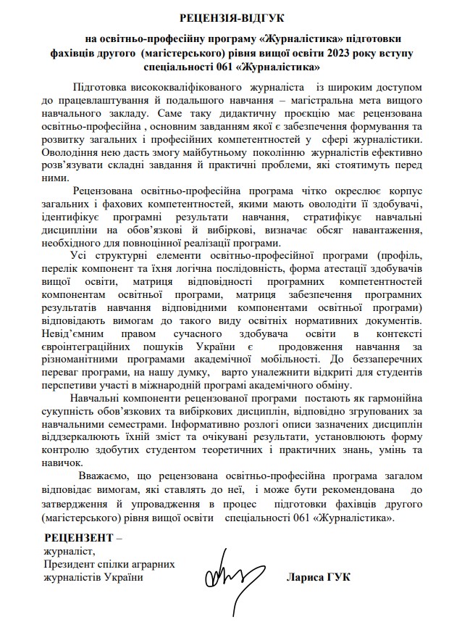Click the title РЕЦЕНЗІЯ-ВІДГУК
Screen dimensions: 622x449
pos(224,17)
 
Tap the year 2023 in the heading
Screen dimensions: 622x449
pos(340,53)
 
